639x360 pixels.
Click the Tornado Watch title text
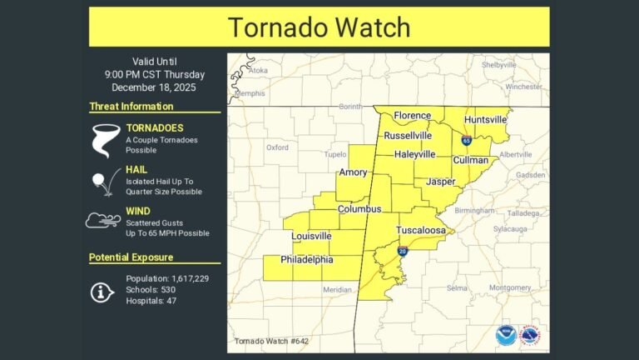tap(319, 27)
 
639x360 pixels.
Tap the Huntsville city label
tap(485, 120)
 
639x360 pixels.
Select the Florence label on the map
tap(413, 116)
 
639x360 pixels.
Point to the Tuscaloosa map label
tap(420, 229)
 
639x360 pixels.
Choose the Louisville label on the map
tap(311, 237)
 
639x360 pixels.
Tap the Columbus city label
tap(359, 208)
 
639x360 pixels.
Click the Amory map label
tap(354, 172)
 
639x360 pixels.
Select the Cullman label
tap(470, 159)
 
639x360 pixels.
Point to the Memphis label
tap(250, 94)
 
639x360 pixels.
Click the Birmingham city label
tap(474, 211)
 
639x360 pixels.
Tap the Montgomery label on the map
tap(510, 287)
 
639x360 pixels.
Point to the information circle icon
tap(102, 291)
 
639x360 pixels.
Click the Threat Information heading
tap(131, 107)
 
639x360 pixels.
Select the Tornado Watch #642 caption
tap(265, 342)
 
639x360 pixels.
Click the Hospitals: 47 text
tap(152, 301)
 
